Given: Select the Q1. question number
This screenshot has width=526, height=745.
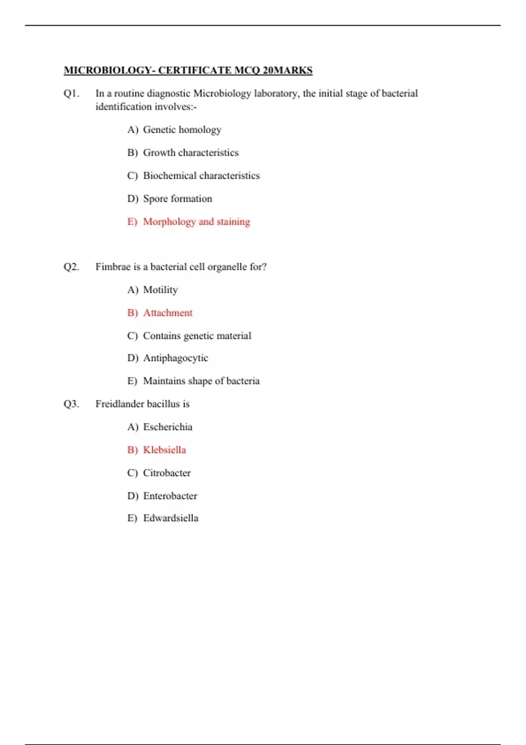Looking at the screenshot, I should pyautogui.click(x=71, y=93).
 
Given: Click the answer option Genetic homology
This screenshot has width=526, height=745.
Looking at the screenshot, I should pyautogui.click(x=182, y=130).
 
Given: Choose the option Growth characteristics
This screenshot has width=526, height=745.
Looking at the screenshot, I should pyautogui.click(x=191, y=153).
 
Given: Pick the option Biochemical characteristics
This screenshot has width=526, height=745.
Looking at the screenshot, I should pyautogui.click(x=201, y=176).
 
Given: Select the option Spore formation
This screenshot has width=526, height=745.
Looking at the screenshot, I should pyautogui.click(x=178, y=199).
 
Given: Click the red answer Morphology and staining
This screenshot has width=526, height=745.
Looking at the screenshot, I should pyautogui.click(x=196, y=222).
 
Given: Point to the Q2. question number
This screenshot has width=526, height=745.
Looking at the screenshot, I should pyautogui.click(x=71, y=267).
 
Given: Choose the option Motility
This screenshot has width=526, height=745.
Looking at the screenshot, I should pyautogui.click(x=160, y=290).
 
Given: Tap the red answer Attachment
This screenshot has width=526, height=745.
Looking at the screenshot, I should pyautogui.click(x=167, y=313).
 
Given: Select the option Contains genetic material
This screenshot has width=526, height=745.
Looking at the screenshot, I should pyautogui.click(x=197, y=336).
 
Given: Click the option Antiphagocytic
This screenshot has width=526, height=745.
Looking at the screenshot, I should pyautogui.click(x=175, y=358).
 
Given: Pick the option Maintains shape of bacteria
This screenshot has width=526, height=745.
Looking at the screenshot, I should pyautogui.click(x=201, y=381).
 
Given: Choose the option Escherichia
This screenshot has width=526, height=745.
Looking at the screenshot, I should pyautogui.click(x=167, y=427).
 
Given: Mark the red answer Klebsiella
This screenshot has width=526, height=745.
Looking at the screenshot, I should pyautogui.click(x=164, y=450).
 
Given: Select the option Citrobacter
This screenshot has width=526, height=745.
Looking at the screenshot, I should pyautogui.click(x=167, y=473).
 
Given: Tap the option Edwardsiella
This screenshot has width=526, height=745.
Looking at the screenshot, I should pyautogui.click(x=171, y=518).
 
